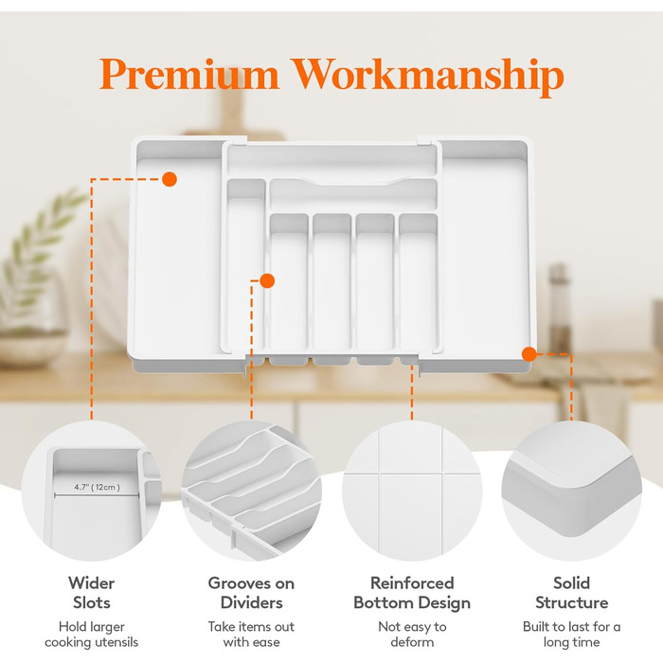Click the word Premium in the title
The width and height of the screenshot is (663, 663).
tap(189, 74)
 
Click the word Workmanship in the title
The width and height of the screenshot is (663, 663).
tap(428, 77)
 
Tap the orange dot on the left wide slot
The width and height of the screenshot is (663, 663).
tap(170, 179)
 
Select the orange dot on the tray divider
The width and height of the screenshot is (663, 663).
tap(267, 280)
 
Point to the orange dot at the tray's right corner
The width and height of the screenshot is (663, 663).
tap(529, 354)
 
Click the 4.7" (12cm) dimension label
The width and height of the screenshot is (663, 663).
tap(97, 487)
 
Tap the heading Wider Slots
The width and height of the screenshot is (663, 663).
tap(91, 593)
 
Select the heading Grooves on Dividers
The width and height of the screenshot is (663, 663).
tap(251, 593)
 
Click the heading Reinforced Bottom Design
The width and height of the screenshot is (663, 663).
tap(412, 593)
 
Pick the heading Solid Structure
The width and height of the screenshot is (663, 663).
tap(572, 593)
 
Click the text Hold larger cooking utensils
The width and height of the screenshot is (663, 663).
tap(91, 635)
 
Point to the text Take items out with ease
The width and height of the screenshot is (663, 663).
tap(251, 635)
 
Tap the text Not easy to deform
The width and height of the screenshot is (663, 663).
tap(412, 635)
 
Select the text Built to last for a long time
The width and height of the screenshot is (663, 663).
tap(572, 635)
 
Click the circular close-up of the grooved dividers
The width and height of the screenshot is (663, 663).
tap(252, 491)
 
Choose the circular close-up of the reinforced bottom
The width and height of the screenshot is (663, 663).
tap(412, 491)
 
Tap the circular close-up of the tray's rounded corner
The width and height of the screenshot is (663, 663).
tap(572, 491)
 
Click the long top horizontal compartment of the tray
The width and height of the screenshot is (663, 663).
tap(331, 160)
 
